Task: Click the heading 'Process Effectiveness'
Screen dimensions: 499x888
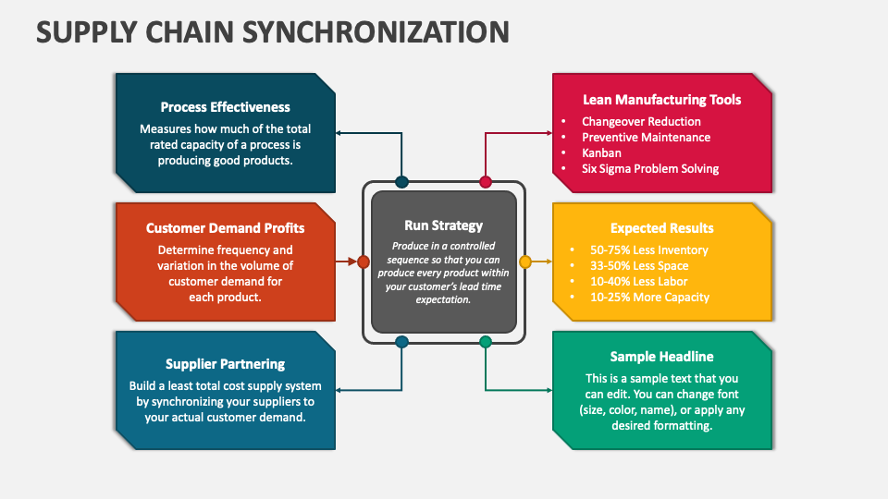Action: tap(225, 107)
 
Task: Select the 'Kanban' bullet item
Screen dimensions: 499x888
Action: tap(601, 152)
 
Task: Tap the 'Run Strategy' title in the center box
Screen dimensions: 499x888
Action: tap(443, 225)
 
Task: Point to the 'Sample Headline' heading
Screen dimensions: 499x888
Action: tap(661, 357)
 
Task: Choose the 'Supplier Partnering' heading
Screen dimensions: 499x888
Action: tap(225, 364)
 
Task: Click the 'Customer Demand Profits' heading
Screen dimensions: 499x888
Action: tap(225, 227)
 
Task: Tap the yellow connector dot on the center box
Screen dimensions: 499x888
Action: tap(525, 262)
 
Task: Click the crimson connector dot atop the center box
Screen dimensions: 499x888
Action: tap(486, 182)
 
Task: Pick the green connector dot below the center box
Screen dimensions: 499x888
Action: tap(486, 342)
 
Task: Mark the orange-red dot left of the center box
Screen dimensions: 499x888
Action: tap(364, 262)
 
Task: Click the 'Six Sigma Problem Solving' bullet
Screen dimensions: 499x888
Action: tap(649, 168)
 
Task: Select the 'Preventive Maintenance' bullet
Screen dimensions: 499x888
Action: tap(646, 137)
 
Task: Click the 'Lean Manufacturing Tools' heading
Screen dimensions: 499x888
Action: tap(661, 100)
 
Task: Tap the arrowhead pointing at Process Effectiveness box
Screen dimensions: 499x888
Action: tap(339, 133)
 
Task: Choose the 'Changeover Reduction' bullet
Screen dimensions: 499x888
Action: tap(641, 121)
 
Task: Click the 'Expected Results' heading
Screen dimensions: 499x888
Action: tap(661, 228)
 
